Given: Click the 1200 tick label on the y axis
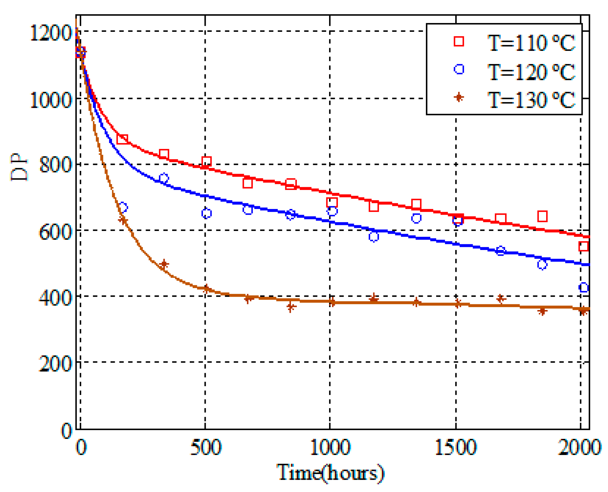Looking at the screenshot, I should pyautogui.click(x=51, y=33).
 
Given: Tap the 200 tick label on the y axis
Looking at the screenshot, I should pyautogui.click(x=55, y=363).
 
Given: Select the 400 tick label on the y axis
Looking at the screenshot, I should pyautogui.click(x=55, y=298).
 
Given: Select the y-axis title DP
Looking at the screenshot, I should pyautogui.click(x=19, y=167).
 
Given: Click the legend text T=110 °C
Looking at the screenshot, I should pyautogui.click(x=531, y=43).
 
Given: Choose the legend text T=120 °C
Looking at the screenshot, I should pyautogui.click(x=531, y=72).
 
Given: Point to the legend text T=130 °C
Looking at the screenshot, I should pyautogui.click(x=531, y=100).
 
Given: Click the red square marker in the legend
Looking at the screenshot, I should pyautogui.click(x=459, y=41).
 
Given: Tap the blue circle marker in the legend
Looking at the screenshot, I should pyautogui.click(x=459, y=69).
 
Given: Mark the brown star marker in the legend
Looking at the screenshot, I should pyautogui.click(x=459, y=98).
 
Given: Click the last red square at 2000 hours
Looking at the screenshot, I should pyautogui.click(x=583, y=246).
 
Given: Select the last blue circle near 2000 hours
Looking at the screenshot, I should pyautogui.click(x=583, y=287).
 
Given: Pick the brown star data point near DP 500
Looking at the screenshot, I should pyautogui.click(x=164, y=264).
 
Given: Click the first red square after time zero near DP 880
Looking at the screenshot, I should pyautogui.click(x=122, y=139).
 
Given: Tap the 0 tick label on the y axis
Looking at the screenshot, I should pyautogui.click(x=66, y=430).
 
